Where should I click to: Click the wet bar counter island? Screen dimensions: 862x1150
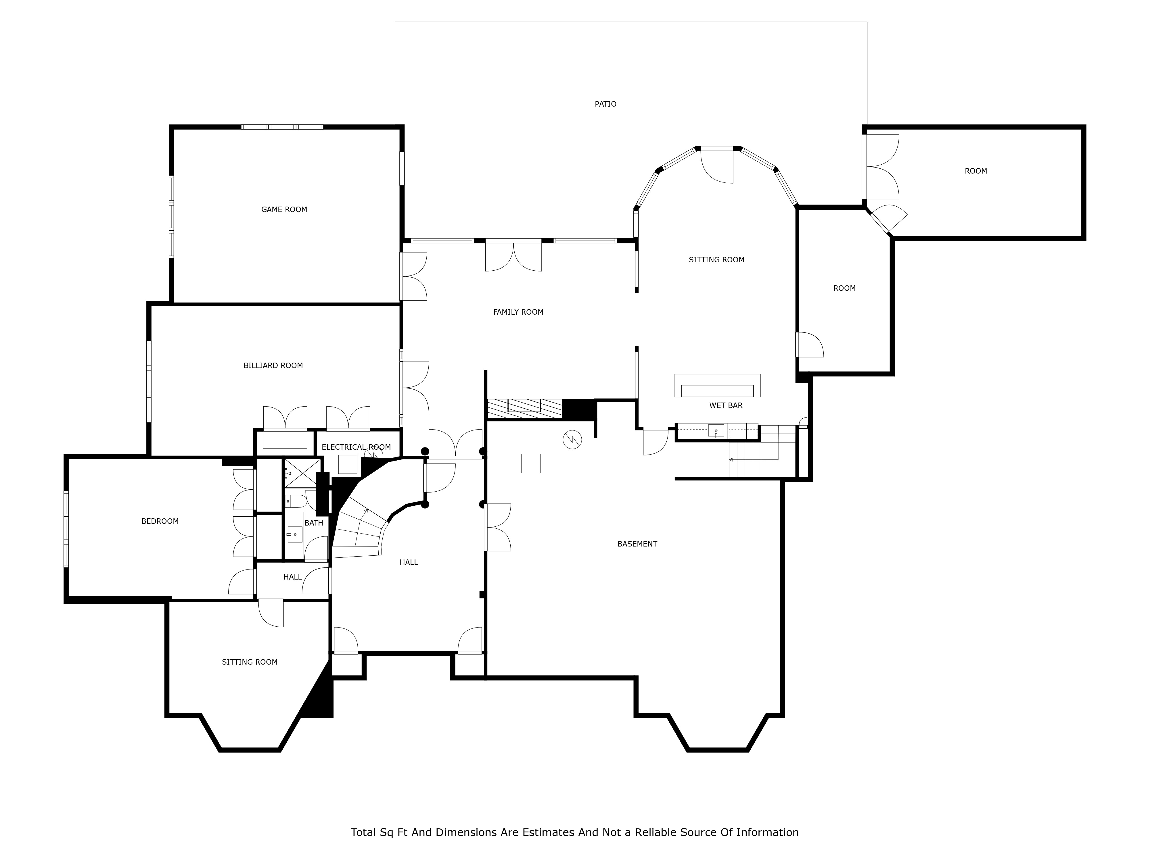(x=717, y=386)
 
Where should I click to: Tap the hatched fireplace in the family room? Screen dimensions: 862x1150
(x=525, y=408)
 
